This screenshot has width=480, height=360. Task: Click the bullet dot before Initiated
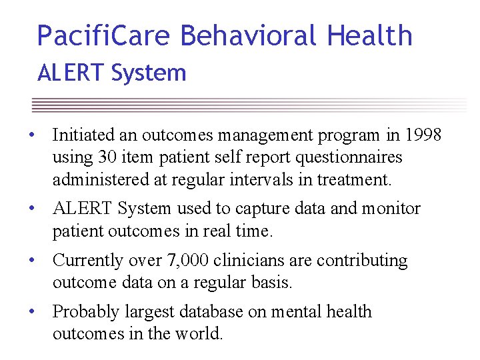coord(31,136)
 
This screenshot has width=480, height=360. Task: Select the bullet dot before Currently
coord(31,261)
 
